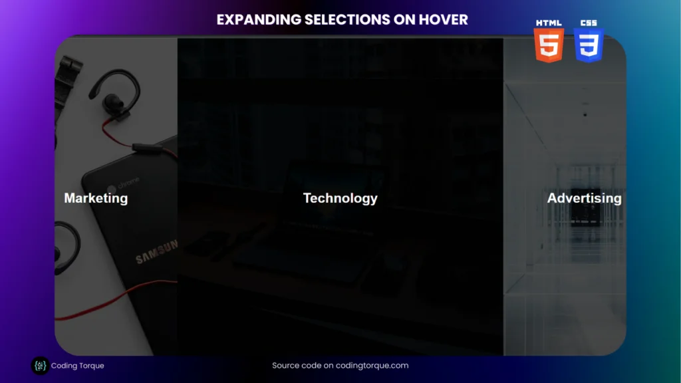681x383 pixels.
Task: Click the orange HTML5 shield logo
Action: (549, 45)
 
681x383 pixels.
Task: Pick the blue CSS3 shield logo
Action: (589, 45)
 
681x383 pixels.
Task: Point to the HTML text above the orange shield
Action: (549, 23)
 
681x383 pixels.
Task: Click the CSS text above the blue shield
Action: (589, 23)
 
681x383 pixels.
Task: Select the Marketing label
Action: (96, 198)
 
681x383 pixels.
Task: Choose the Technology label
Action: (340, 198)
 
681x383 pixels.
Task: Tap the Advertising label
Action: (584, 198)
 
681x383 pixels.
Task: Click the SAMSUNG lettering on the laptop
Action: (156, 252)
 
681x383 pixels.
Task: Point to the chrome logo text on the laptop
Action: (128, 183)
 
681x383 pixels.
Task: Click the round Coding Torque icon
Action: (40, 366)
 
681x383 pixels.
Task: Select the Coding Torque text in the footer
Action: (77, 366)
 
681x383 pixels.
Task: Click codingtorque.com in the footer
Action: (372, 366)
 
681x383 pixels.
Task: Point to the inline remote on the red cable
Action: (148, 148)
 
